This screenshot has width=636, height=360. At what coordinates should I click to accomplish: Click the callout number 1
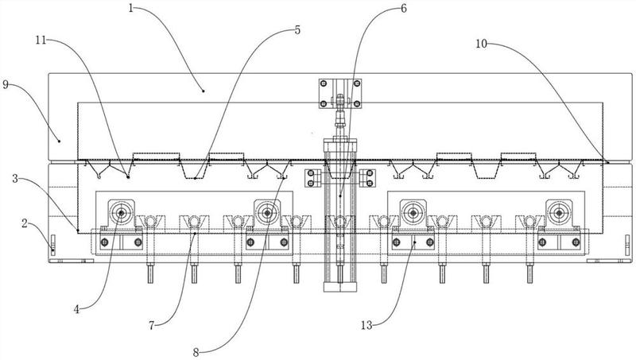click(x=131, y=8)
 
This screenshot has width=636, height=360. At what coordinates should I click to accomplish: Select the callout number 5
click(x=297, y=30)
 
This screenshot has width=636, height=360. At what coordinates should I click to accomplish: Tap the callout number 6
click(x=404, y=8)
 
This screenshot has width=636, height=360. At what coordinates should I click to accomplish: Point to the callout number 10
click(x=481, y=44)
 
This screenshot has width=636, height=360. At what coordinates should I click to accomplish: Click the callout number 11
click(x=41, y=41)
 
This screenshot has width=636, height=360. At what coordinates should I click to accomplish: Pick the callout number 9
click(x=6, y=84)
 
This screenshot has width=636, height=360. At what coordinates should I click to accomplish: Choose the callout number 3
click(x=15, y=178)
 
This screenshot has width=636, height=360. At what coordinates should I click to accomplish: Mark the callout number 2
click(x=25, y=223)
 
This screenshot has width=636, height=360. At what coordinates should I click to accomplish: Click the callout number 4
click(x=77, y=309)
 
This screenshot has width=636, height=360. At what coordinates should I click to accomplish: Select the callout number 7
click(x=151, y=325)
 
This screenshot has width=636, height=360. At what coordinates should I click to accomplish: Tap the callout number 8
click(x=196, y=352)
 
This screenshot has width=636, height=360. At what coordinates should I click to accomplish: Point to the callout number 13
click(x=366, y=325)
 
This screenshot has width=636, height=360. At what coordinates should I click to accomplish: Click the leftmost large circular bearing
click(x=121, y=212)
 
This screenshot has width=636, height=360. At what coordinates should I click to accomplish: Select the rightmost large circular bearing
click(x=559, y=212)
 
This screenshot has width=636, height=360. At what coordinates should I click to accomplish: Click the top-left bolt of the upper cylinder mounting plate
click(x=324, y=84)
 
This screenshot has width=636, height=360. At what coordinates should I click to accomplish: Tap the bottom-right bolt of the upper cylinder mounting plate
click(x=357, y=104)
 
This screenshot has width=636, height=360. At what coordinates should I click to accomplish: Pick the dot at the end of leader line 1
click(x=204, y=91)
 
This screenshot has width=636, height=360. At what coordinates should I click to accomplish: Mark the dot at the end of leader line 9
click(x=59, y=141)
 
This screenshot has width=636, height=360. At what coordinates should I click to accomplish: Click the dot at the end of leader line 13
click(x=414, y=242)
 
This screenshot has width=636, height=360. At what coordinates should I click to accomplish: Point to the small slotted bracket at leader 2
click(x=52, y=246)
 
